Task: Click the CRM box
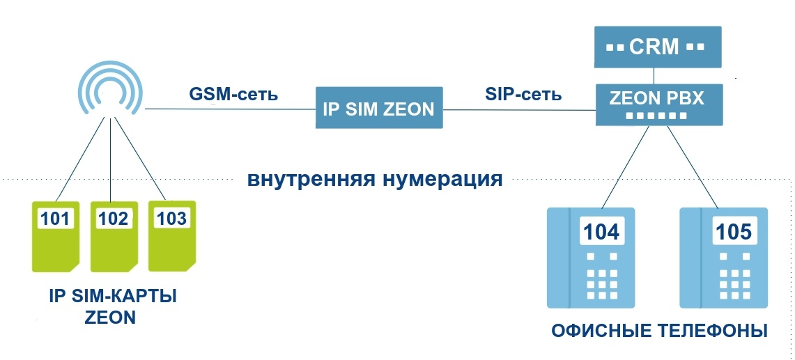pyautogui.click(x=654, y=47)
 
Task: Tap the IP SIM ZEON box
pyautogui.click(x=379, y=108)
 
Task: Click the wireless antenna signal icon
pyautogui.click(x=109, y=89)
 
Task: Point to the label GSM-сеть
pyautogui.click(x=233, y=93)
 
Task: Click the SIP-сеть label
pyautogui.click(x=523, y=93)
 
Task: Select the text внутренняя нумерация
pyautogui.click(x=375, y=179)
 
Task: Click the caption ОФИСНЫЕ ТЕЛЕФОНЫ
pyautogui.click(x=659, y=331)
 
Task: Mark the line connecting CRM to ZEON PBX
pyautogui.click(x=654, y=75)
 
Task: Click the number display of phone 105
pyautogui.click(x=734, y=231)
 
